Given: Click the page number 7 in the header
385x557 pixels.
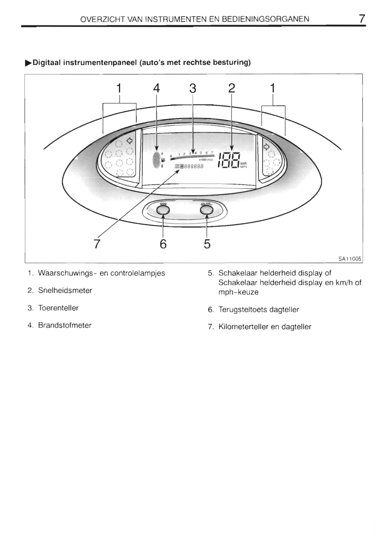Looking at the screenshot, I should pyautogui.click(x=362, y=19).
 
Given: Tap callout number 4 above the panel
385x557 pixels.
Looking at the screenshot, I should pyautogui.click(x=156, y=88).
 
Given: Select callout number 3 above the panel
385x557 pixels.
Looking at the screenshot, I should pyautogui.click(x=192, y=88).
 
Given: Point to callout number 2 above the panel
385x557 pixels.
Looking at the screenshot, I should pyautogui.click(x=232, y=88).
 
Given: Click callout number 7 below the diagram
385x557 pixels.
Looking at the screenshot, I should pyautogui.click(x=97, y=243).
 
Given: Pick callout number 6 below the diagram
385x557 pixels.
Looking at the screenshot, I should pyautogui.click(x=163, y=244).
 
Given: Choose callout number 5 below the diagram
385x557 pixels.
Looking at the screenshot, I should pyautogui.click(x=207, y=244).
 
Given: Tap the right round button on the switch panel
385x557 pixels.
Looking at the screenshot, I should pyautogui.click(x=207, y=210).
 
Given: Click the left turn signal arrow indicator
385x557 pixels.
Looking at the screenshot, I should pyautogui.click(x=129, y=140).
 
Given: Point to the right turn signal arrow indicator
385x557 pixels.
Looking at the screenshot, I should pyautogui.click(x=266, y=147).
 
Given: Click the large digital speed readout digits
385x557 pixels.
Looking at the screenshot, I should pyautogui.click(x=229, y=160).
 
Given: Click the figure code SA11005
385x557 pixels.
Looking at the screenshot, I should pyautogui.click(x=350, y=259).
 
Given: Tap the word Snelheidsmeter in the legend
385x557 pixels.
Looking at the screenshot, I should pyautogui.click(x=65, y=291).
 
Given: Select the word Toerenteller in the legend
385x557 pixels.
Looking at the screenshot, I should pyautogui.click(x=58, y=308).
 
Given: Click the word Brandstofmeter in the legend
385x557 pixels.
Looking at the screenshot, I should pyautogui.click(x=64, y=325).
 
